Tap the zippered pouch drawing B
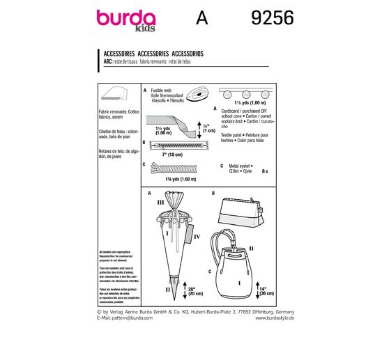(x=241, y=210)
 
